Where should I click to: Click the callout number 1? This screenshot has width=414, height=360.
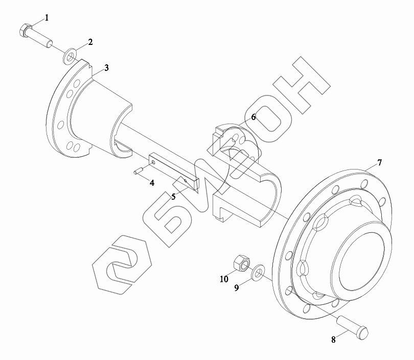point(47,18)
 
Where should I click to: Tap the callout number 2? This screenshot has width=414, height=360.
point(90,42)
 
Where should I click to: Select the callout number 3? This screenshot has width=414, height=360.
point(106,68)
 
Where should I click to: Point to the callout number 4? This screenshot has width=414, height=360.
point(152,183)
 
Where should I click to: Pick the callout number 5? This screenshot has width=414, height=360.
point(173,197)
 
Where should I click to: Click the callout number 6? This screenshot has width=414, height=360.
point(254,117)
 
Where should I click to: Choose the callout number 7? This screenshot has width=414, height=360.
point(379,163)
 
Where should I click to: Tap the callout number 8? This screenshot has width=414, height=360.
point(333,340)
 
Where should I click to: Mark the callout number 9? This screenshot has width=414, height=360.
point(237,287)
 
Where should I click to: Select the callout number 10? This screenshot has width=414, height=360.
point(224,279)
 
